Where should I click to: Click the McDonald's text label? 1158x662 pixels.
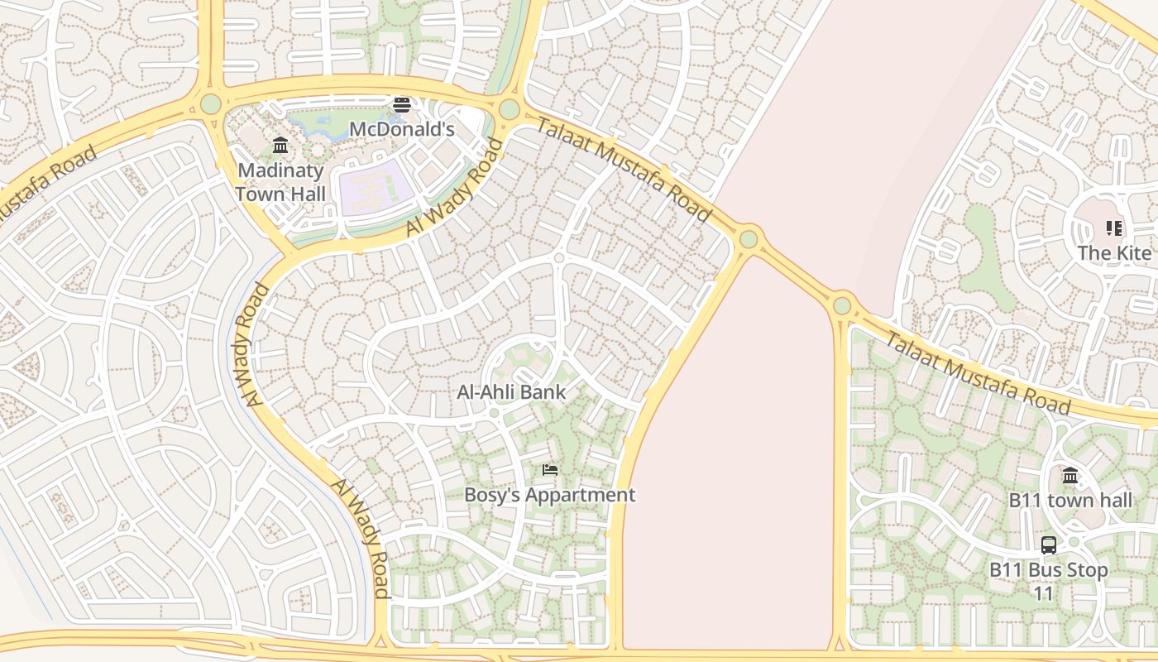pos(402,129)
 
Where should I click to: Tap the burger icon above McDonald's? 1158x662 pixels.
pos(402,104)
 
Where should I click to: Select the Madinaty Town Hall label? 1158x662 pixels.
pos(280,182)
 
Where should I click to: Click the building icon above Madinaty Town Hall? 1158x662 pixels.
pos(280,146)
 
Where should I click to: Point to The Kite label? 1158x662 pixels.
pos(1113,253)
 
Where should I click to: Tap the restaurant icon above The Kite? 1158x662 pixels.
pos(1113,228)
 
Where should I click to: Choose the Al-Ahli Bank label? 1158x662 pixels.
pos(511,392)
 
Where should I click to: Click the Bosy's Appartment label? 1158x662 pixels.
pos(549,495)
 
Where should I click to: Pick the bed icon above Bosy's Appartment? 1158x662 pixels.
pos(549,470)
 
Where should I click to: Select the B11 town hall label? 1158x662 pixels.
pos(1070,501)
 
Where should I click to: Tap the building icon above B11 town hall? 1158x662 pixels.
pos(1070,476)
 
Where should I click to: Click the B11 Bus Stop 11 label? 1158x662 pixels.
pos(1048,582)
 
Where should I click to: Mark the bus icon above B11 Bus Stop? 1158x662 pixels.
pos(1048,544)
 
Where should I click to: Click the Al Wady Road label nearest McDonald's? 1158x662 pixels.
pos(455,189)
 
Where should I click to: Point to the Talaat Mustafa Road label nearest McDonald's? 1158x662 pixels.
pos(624,170)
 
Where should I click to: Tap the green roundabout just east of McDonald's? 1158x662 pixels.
pos(509,109)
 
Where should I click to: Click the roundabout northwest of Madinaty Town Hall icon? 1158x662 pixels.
pos(210,104)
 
